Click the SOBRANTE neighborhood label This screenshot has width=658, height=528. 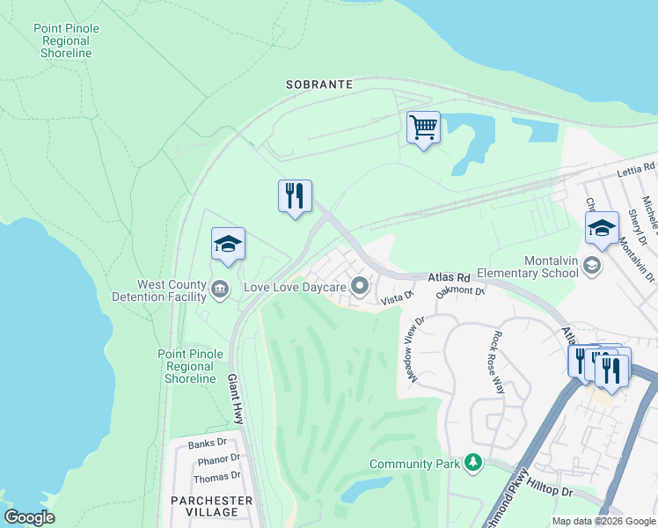[318, 84]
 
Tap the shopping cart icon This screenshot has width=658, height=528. [423, 128]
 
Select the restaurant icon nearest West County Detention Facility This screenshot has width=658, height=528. [295, 196]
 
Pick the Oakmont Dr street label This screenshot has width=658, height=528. [461, 290]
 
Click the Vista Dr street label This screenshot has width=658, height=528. [396, 301]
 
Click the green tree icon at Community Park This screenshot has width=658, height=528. [474, 462]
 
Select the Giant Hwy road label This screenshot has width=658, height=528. [236, 396]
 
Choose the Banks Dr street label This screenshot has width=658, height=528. [208, 444]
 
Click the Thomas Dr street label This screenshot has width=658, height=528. [216, 477]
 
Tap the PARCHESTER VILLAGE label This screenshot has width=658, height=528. [212, 506]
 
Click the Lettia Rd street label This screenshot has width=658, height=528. [635, 167]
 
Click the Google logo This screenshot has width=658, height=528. [29, 517]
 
